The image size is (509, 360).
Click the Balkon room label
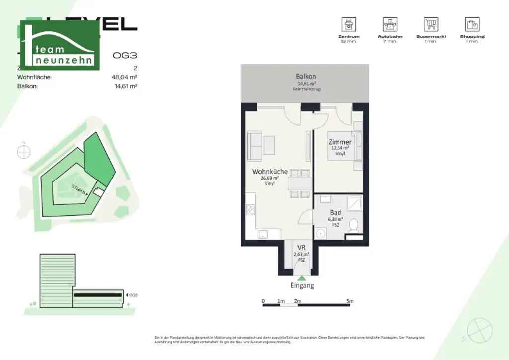tap(306, 77)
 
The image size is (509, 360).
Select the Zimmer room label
tap(340, 142)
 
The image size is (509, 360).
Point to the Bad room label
tap(336, 212)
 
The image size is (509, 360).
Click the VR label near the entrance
tap(301, 248)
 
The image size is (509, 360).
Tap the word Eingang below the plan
tap(302, 286)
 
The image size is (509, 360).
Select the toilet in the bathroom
tap(354, 226)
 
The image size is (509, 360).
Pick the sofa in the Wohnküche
tap(254, 145)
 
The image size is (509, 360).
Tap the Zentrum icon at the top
tap(349, 24)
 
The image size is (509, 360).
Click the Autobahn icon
tap(390, 24)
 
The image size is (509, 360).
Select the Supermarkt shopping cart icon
tap(430, 24)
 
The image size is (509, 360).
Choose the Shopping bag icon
tap(472, 24)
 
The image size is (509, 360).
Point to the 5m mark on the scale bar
tap(350, 301)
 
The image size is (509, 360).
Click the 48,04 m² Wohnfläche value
tap(124, 77)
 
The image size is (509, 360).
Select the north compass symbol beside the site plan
tap(24, 152)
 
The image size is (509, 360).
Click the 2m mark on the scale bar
tap(298, 301)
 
